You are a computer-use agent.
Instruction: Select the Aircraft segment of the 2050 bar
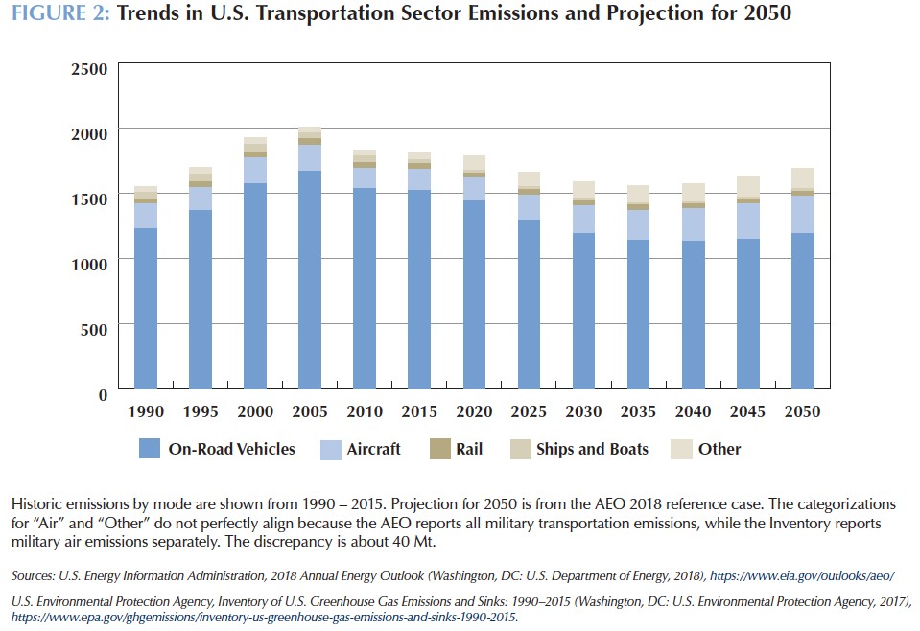pos(802,214)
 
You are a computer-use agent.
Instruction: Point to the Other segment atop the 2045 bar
pos(747,187)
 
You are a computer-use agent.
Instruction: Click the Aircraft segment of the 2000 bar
pos(254,170)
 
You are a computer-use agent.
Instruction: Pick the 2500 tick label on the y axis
pos(90,68)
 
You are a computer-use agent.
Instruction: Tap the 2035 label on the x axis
pos(638,411)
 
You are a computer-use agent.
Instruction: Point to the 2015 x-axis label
pos(418,411)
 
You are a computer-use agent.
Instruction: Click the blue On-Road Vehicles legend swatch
pos(150,448)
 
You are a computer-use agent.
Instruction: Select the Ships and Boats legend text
pos(592,449)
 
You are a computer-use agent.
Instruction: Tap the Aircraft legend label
pos(374,449)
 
